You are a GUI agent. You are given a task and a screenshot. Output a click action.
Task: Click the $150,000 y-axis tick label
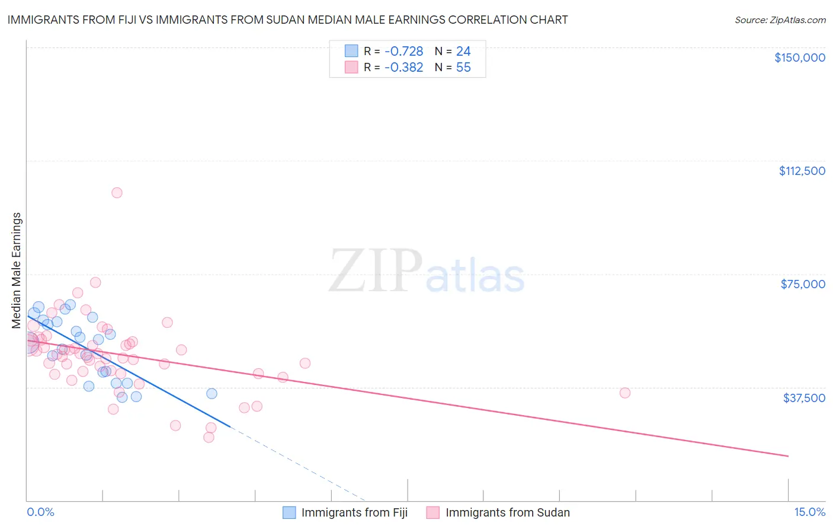pyautogui.click(x=799, y=58)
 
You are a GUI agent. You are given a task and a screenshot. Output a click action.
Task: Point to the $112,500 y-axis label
pyautogui.click(x=802, y=171)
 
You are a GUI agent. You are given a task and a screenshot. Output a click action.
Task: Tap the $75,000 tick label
pyautogui.click(x=802, y=284)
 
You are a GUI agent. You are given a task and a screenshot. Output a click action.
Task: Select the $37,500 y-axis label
pyautogui.click(x=803, y=398)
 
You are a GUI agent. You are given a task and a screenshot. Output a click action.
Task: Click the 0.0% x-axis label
pyautogui.click(x=40, y=512)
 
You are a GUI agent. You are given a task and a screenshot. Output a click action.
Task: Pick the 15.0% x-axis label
pyautogui.click(x=809, y=512)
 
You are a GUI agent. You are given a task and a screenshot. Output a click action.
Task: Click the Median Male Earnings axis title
pyautogui.click(x=17, y=270)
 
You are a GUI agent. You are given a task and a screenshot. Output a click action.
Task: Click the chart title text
pyautogui.click(x=287, y=20)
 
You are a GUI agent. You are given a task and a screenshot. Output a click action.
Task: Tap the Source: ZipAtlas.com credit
pyautogui.click(x=780, y=20)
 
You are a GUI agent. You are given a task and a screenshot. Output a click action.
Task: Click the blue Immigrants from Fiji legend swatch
pyautogui.click(x=289, y=513)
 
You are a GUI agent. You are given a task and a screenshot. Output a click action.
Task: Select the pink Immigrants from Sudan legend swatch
pyautogui.click(x=433, y=513)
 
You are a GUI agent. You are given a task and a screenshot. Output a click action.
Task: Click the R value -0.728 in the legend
pyautogui.click(x=403, y=52)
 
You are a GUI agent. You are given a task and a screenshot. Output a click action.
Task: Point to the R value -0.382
pyautogui.click(x=403, y=68)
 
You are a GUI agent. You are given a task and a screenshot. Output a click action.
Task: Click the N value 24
pyautogui.click(x=463, y=52)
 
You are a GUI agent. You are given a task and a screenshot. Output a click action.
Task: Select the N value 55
pyautogui.click(x=463, y=68)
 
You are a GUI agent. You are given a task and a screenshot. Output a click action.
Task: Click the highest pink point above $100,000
pyautogui.click(x=117, y=193)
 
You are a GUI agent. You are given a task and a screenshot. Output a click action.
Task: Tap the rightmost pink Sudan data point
pyautogui.click(x=624, y=393)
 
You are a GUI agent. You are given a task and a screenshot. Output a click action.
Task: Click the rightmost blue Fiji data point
pyautogui.click(x=212, y=394)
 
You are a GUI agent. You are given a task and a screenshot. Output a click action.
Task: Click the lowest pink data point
pyautogui.click(x=209, y=438)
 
